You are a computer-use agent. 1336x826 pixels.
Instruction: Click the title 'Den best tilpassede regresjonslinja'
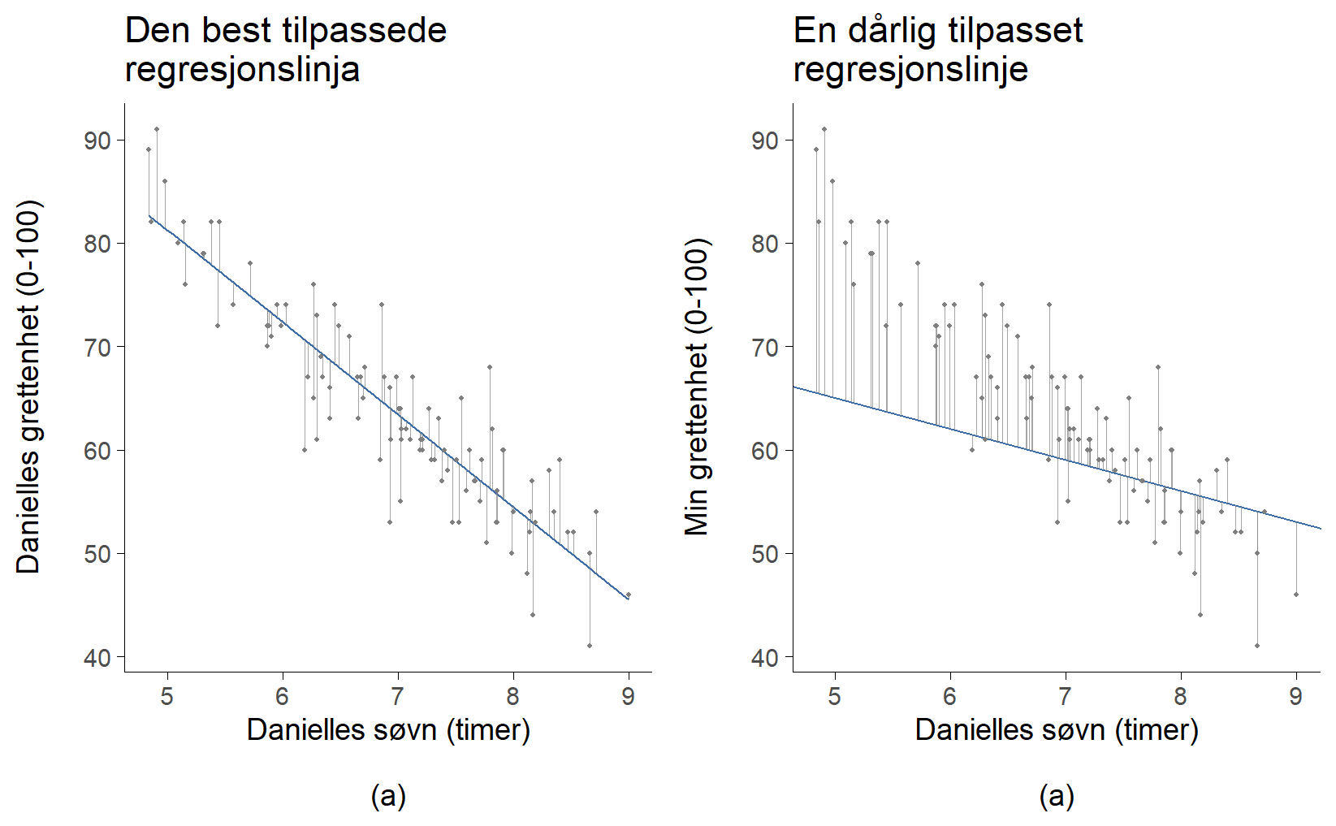[x=286, y=50]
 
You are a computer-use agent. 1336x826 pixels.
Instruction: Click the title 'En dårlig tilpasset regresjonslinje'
[x=938, y=50]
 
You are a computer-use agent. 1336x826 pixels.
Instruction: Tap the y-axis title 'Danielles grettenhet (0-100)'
[x=28, y=387]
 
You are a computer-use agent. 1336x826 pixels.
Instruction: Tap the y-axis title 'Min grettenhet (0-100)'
[x=697, y=387]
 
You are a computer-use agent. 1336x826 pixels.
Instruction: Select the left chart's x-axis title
[x=388, y=729]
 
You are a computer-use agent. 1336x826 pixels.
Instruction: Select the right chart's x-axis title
[x=1057, y=729]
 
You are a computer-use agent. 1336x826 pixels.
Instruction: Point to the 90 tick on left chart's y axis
[x=97, y=141]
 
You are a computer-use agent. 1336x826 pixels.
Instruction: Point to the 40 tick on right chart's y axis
[x=766, y=657]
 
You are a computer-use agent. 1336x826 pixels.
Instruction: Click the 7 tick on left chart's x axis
[x=398, y=696]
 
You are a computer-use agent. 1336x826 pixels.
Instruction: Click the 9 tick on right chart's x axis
[x=1296, y=696]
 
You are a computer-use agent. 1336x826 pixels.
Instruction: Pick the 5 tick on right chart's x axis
[x=835, y=696]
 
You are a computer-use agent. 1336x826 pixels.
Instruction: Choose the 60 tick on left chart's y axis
[x=97, y=451]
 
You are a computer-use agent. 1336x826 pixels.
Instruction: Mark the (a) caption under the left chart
[x=388, y=796]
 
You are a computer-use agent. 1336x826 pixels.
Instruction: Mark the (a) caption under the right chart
[x=1057, y=796]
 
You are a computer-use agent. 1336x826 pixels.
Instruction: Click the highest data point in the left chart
[x=157, y=129]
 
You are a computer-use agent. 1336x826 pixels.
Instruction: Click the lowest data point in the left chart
[x=590, y=646]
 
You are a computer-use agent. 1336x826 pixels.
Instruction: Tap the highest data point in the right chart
[x=824, y=129]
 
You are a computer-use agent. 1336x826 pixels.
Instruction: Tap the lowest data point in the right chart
[x=1257, y=646]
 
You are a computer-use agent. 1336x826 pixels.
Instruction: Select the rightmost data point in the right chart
[x=1296, y=595]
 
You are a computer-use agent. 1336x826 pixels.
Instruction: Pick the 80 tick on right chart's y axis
[x=766, y=244]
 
